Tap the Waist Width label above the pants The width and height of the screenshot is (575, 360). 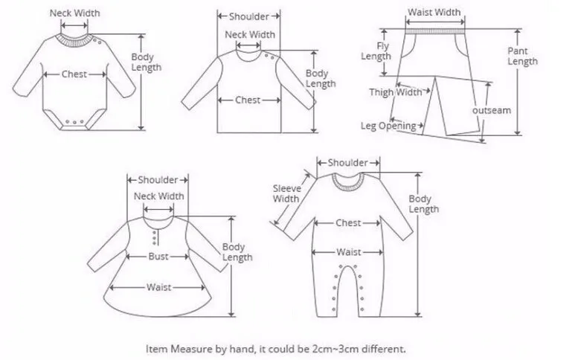[434, 12]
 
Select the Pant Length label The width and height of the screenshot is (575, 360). [522, 56]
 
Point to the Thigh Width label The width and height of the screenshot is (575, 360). [396, 92]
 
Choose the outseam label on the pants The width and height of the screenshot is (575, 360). [492, 110]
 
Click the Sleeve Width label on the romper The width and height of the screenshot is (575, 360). [286, 193]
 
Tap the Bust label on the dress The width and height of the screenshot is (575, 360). [157, 256]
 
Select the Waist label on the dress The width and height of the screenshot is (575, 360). [158, 287]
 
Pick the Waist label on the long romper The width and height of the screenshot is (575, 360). [348, 252]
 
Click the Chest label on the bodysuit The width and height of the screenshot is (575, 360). [74, 74]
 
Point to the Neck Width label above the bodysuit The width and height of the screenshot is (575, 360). [74, 13]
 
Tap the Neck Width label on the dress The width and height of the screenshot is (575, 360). [158, 196]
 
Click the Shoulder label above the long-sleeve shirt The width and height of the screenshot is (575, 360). [248, 16]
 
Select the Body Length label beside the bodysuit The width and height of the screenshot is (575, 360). [146, 62]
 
